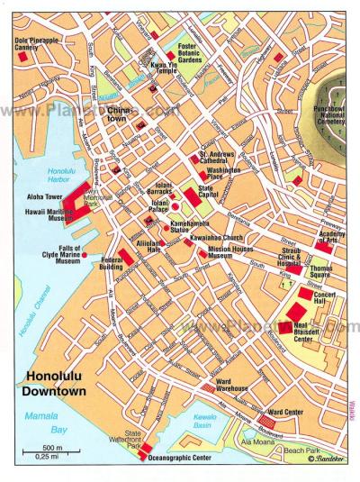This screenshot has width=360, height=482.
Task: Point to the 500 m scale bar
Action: pos(51,454)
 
